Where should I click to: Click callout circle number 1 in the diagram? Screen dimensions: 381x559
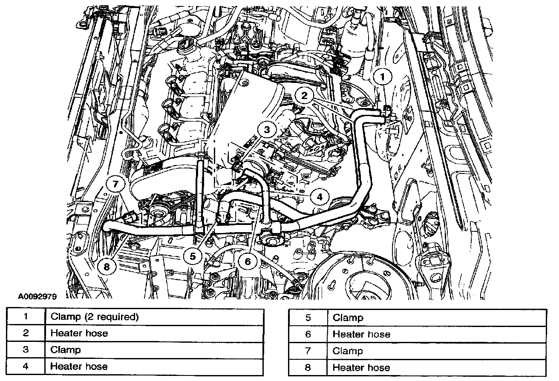[382, 77]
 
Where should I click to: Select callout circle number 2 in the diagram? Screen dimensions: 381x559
[304, 95]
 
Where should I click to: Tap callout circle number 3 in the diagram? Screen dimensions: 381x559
[267, 130]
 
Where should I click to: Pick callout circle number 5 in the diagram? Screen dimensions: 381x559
[193, 256]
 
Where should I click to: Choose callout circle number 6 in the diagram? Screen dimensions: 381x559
[248, 261]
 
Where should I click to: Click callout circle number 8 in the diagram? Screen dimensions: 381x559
[106, 267]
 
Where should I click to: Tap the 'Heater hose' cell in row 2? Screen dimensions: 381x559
[79, 333]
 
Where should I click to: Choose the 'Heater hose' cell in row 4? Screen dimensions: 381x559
[79, 366]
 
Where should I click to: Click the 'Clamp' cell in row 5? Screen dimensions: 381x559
[348, 318]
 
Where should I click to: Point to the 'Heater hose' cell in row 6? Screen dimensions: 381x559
[361, 334]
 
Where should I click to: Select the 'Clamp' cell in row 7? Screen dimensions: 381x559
[348, 351]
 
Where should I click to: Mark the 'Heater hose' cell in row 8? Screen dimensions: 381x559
[361, 367]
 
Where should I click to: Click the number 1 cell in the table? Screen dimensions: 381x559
[26, 316]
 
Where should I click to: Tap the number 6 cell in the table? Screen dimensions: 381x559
[308, 334]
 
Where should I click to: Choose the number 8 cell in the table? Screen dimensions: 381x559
[308, 367]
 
